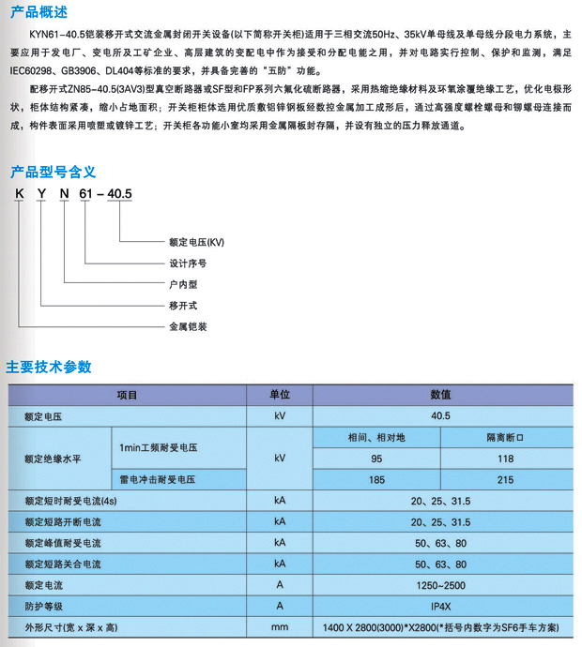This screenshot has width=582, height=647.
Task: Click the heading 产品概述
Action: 39,12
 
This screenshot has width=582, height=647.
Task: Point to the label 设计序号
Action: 186,263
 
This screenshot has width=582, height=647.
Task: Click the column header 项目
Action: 127,396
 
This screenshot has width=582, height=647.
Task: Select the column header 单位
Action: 280,396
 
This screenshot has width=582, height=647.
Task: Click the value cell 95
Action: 376,459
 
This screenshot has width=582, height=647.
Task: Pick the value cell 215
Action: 505,480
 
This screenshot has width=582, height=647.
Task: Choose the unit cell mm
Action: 280,626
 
